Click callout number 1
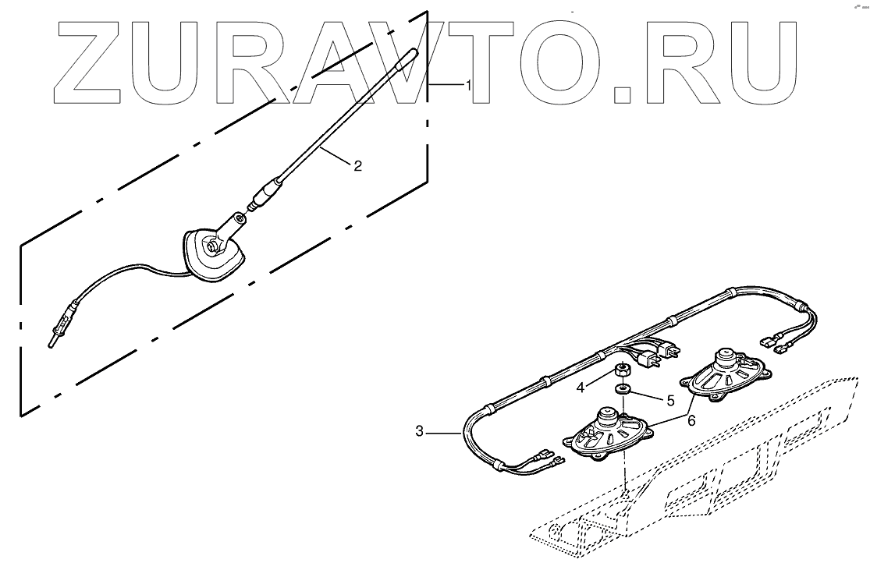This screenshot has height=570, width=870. (x=468, y=85)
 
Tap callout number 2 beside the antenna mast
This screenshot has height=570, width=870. (x=357, y=165)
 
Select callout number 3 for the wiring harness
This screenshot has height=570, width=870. (x=419, y=430)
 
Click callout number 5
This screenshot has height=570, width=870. (x=669, y=401)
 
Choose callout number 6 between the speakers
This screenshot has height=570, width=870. (x=691, y=419)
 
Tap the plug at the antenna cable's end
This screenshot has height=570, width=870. (x=54, y=337)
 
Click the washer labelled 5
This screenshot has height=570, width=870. (x=623, y=388)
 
